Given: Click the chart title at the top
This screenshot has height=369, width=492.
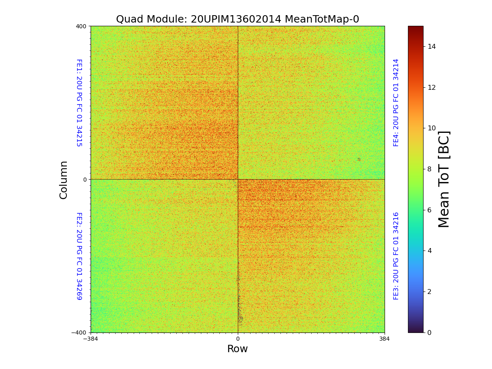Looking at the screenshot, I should pos(237,19).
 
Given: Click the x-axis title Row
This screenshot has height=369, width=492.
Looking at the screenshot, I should pos(237,349).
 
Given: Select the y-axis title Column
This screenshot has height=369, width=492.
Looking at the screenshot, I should pos(64,180).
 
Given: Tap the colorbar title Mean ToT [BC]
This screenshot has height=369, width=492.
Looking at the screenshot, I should pos(444,179).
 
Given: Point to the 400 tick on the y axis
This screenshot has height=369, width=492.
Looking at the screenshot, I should pos(81,26).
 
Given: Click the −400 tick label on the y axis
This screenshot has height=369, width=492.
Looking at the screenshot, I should pos(79,333).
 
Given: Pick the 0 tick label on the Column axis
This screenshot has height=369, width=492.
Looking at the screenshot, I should pos(85,180).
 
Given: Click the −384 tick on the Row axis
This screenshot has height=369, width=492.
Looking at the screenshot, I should pos(91,339).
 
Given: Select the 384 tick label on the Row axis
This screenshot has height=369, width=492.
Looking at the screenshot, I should pos(385,339).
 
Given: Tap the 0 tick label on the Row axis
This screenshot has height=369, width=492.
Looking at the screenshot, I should pos(237,339).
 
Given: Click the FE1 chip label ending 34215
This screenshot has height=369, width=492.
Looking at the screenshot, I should pos(79,102).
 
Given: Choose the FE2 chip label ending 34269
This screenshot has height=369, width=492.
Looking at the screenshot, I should pos(79,256).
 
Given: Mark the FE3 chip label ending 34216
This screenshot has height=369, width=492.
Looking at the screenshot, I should pos(396,256).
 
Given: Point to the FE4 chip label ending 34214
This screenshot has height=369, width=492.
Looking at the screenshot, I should pos(396,102).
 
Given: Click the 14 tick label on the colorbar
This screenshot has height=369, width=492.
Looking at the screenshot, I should pos(431,47).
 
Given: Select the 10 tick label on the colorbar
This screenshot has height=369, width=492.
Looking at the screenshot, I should pos(431,128).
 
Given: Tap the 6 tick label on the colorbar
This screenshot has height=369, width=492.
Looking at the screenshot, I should pos(429,210).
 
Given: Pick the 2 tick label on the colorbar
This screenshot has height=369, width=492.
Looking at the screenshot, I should pos(429,292).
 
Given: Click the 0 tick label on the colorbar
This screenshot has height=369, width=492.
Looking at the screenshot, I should pos(429,333).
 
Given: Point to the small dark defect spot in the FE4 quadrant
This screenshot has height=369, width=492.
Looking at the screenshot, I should pos(359,159).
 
